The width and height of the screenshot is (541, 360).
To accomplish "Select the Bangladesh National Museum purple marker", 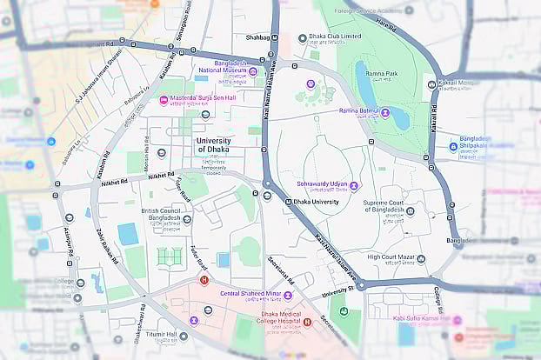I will click(253, 71).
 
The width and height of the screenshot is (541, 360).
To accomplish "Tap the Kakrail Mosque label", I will click(458, 83).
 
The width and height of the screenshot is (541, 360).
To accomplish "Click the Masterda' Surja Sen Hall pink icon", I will click(163, 98).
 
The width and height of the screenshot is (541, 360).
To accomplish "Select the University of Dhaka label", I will click(213, 145).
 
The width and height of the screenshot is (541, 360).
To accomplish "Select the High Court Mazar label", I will click(395, 257).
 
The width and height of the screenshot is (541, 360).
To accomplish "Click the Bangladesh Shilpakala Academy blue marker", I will click(453, 146).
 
